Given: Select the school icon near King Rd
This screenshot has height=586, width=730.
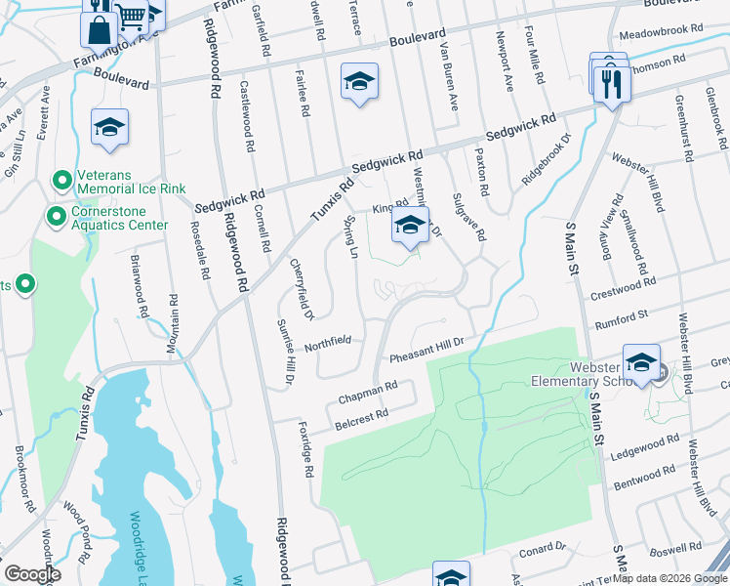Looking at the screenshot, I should (x=410, y=226).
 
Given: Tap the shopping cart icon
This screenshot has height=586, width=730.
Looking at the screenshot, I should (x=131, y=14).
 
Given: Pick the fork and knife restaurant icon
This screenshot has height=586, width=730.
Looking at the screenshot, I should (x=612, y=81).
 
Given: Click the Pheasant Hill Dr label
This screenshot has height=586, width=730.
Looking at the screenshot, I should (x=425, y=358).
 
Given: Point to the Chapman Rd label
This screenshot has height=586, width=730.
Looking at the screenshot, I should (x=368, y=393).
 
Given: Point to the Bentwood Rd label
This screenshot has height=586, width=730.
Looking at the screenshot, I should (x=643, y=481).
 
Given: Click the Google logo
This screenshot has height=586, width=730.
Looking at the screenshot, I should (x=32, y=574).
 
